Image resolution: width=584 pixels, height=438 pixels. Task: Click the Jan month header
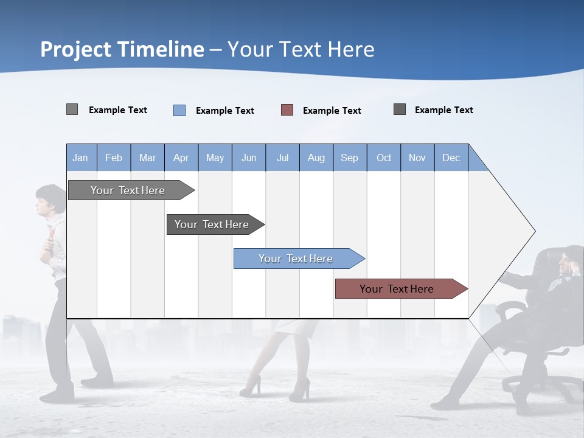tap(81, 158)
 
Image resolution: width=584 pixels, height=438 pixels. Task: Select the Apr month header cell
tap(181, 158)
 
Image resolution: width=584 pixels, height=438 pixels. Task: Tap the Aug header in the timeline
tap(316, 158)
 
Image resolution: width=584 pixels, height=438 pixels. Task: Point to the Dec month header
tap(451, 158)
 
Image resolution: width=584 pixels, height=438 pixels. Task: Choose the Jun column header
tap(249, 158)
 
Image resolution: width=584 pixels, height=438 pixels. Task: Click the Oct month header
tap(384, 158)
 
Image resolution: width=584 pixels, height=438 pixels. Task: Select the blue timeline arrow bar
tap(296, 259)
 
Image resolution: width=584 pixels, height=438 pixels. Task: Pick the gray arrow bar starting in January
tap(128, 190)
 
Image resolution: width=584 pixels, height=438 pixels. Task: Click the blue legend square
tap(179, 110)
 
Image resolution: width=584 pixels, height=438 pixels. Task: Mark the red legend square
tap(287, 110)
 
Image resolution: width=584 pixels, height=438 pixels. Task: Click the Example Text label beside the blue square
tap(225, 111)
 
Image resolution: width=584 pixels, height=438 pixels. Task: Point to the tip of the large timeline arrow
tap(534, 231)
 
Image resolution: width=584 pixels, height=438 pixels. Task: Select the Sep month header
tap(350, 158)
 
